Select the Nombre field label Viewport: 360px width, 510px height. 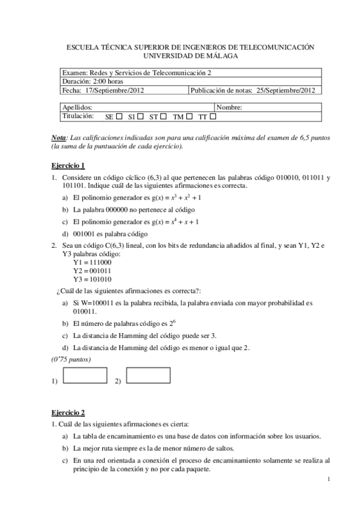pyautogui.click(x=228, y=108)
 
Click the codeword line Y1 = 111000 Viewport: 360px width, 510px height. pyautogui.click(x=92, y=263)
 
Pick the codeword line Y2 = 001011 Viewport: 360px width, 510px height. pyautogui.click(x=92, y=271)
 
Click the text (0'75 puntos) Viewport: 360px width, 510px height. pyautogui.click(x=70, y=360)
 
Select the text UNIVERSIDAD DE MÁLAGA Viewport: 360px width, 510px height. pyautogui.click(x=191, y=56)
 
